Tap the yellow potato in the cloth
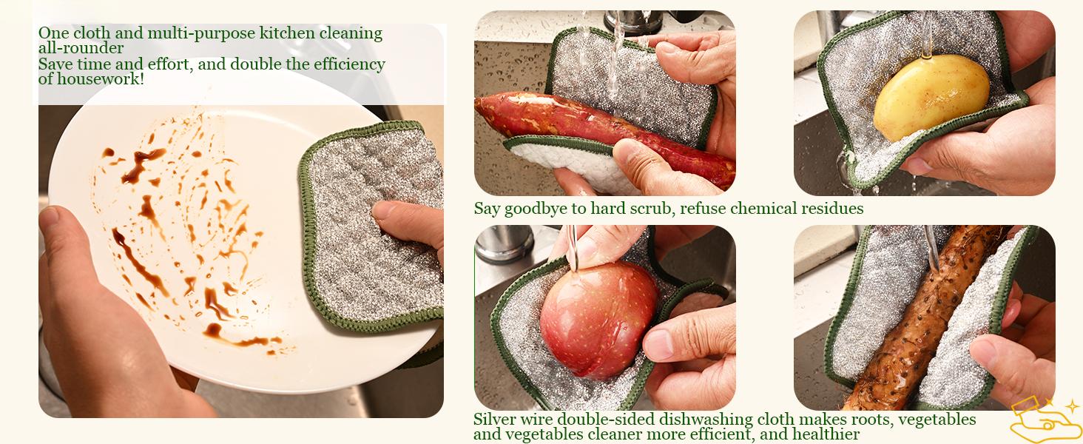(931, 97)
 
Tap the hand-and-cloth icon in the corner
(1043, 419)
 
